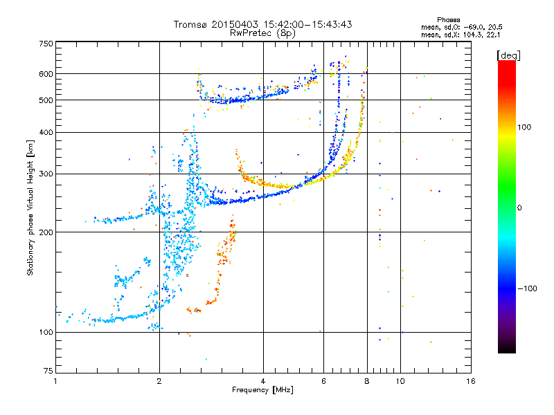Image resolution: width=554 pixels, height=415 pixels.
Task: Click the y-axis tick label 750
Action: pos(46,44)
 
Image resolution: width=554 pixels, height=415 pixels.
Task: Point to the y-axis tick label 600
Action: pos(46,73)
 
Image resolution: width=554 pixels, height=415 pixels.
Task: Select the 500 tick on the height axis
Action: pos(46,100)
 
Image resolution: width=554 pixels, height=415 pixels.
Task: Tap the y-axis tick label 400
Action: pos(46,132)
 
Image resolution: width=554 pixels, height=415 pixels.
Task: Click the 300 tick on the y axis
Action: pos(46,174)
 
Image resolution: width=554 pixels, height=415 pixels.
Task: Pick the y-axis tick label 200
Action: pos(46,232)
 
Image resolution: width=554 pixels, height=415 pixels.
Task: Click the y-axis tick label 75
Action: pos(48,371)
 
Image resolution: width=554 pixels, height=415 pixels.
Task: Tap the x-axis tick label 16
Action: pos(470,381)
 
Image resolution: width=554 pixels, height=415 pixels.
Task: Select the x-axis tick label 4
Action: pos(263,381)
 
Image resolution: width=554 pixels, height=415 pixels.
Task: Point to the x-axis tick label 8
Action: pos(367,381)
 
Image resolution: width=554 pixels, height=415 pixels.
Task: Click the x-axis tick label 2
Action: pos(159,381)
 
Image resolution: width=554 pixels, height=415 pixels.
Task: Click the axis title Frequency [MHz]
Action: pos(262,390)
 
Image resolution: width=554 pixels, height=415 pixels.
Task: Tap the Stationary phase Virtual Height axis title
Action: pos(30,207)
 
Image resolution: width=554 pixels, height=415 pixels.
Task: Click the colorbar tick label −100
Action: pos(528,288)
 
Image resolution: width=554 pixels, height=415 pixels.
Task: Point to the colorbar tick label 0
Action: pos(519,207)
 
